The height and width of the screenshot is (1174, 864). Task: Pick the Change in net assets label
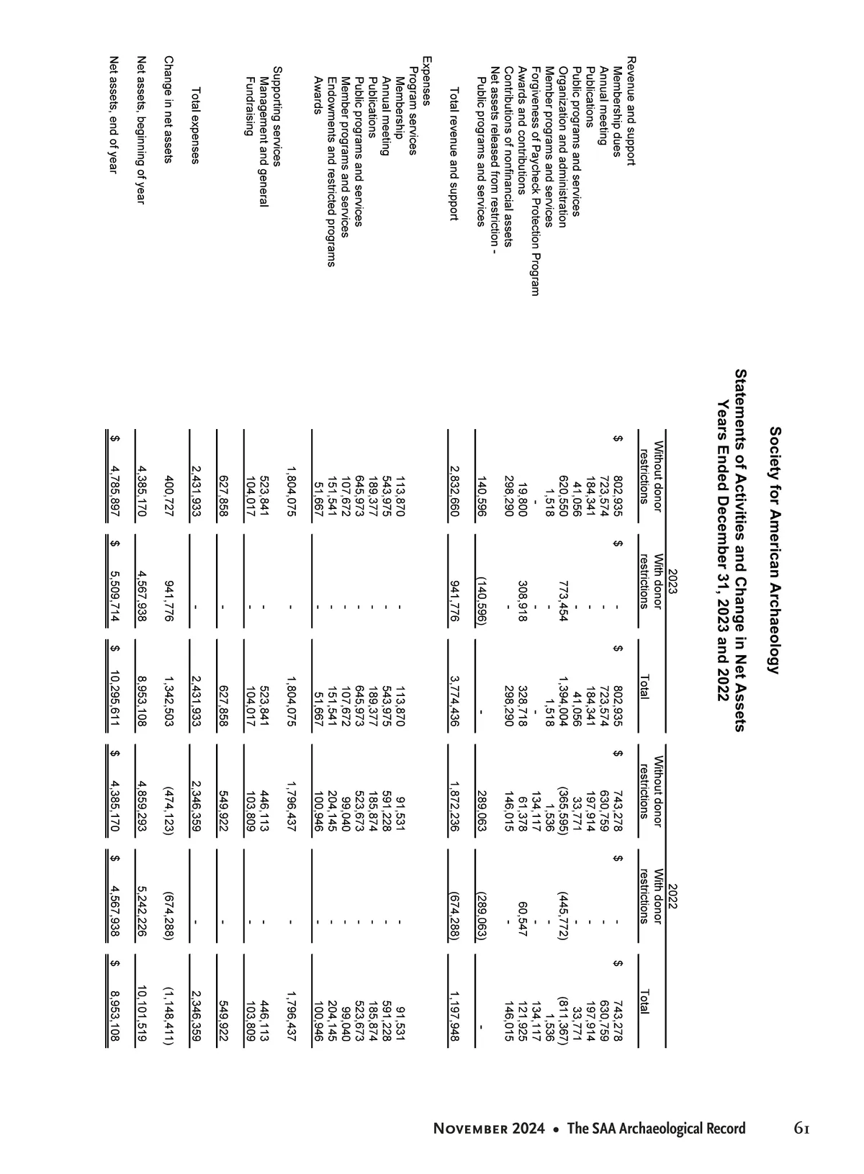point(168,109)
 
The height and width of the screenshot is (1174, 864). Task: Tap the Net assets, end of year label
point(112,114)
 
